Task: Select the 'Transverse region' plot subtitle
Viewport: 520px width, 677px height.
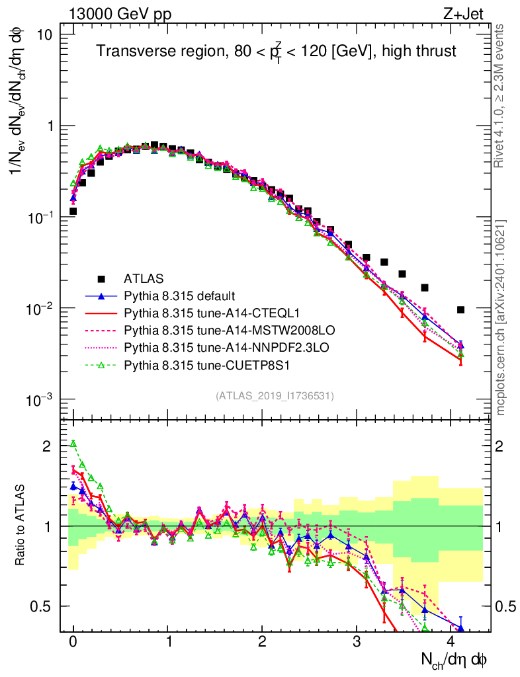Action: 276,52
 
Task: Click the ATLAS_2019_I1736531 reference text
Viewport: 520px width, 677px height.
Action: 275,396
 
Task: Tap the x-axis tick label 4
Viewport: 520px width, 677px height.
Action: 451,642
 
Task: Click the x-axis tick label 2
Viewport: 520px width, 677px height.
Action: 263,642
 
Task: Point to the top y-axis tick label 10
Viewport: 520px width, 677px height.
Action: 45,34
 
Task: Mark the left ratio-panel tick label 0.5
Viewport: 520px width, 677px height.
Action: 41,606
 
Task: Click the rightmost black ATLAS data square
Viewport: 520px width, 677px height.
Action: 460,309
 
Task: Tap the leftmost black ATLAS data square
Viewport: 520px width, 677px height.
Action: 73,212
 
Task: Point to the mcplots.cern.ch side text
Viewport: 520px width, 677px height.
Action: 501,317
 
